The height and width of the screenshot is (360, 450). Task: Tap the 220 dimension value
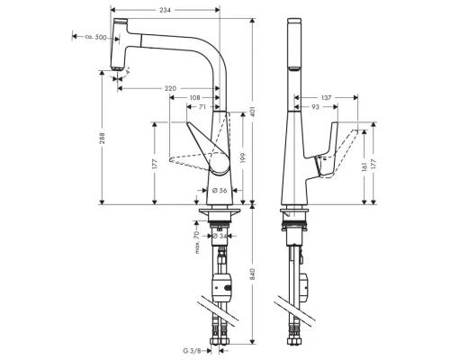pyautogui.click(x=170, y=87)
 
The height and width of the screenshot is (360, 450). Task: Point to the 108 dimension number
pyautogui.click(x=194, y=97)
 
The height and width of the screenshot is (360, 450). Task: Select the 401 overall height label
pyautogui.click(x=253, y=110)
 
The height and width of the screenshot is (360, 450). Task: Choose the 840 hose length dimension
pyautogui.click(x=253, y=271)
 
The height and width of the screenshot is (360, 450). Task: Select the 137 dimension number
pyautogui.click(x=326, y=97)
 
